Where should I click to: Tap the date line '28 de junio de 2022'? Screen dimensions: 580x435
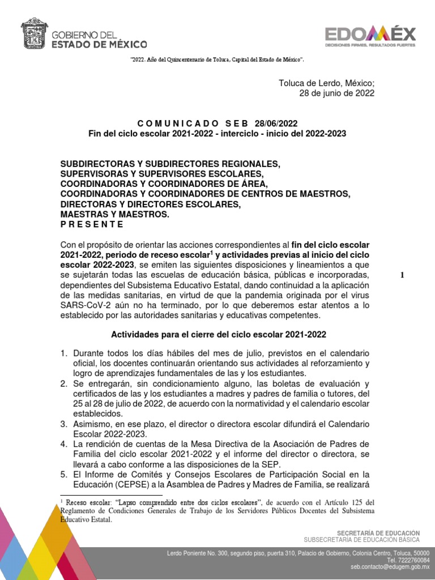point(336,93)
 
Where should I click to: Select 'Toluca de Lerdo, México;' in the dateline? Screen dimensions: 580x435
point(326,83)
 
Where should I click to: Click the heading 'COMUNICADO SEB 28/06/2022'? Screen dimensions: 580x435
point(217,123)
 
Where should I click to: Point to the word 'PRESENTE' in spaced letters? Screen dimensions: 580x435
point(92,224)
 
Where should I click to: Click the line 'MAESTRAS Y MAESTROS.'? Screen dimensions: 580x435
point(114,214)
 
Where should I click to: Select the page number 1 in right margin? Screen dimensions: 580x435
point(402,275)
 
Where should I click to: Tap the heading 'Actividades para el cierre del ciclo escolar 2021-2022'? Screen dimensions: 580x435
point(217,334)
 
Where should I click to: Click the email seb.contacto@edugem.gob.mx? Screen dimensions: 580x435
point(390,566)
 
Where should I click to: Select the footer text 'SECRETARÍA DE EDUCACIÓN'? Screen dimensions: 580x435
point(378,533)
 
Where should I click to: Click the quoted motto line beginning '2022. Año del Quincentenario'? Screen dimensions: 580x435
point(217,59)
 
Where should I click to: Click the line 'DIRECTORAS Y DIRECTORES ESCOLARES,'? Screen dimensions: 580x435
point(151,204)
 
